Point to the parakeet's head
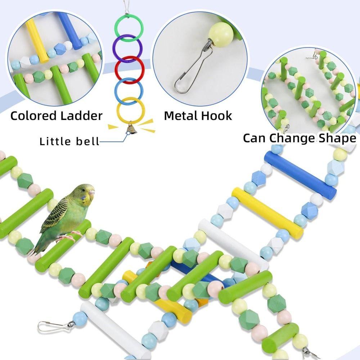(x=85, y=194)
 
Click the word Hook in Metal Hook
(x=216, y=116)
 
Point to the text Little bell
(x=69, y=141)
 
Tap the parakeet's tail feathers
(x=40, y=247)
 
